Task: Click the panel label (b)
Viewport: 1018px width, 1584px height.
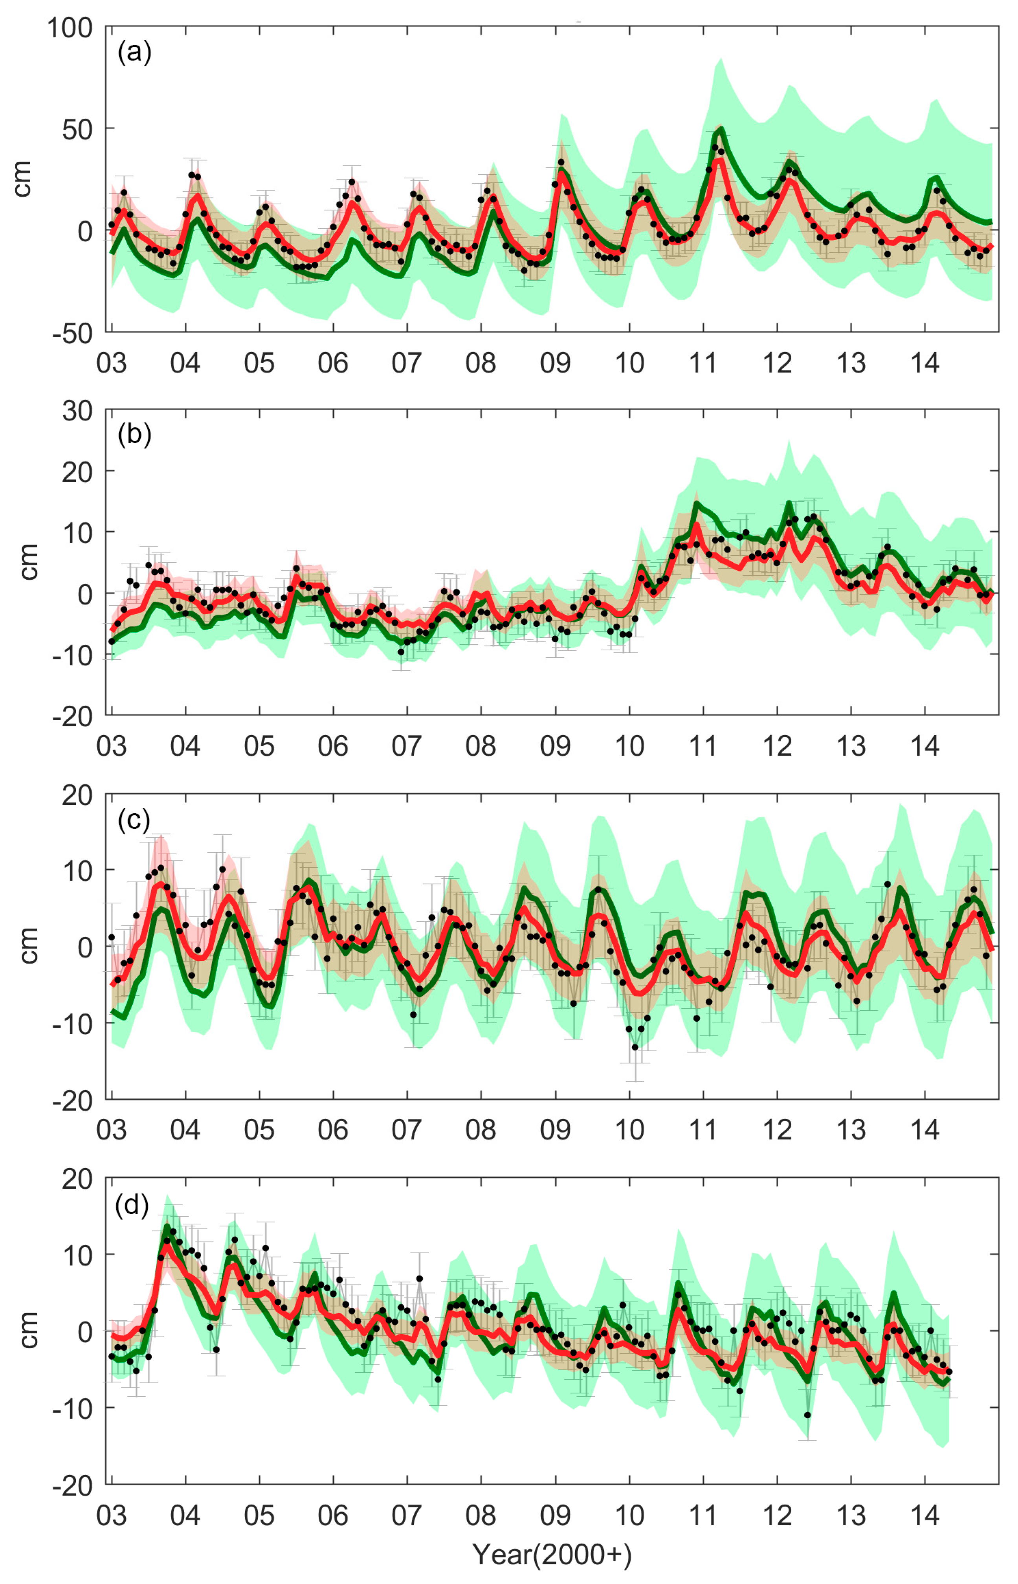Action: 134,435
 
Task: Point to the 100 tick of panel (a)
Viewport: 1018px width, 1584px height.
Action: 70,28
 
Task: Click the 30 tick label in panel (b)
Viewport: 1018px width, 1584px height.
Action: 77,411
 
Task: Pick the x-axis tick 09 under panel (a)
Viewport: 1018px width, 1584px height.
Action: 555,363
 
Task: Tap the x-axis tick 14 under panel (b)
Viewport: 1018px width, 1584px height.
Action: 925,746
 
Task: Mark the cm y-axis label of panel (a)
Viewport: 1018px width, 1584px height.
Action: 23,178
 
